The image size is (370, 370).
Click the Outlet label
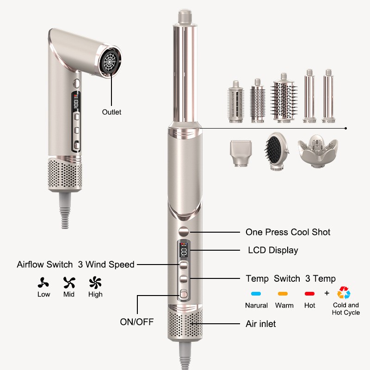tap(111, 112)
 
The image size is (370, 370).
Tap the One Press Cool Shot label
tap(288, 232)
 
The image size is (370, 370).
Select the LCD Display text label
tap(273, 250)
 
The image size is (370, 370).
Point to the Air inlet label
tap(260, 324)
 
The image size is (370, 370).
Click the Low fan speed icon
tap(44, 283)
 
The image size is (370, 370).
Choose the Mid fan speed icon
tap(69, 283)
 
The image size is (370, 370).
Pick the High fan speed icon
tap(95, 283)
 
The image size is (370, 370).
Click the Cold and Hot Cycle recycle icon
tap(344, 293)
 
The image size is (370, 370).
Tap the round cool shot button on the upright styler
tap(184, 232)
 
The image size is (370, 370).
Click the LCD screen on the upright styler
tap(184, 252)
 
